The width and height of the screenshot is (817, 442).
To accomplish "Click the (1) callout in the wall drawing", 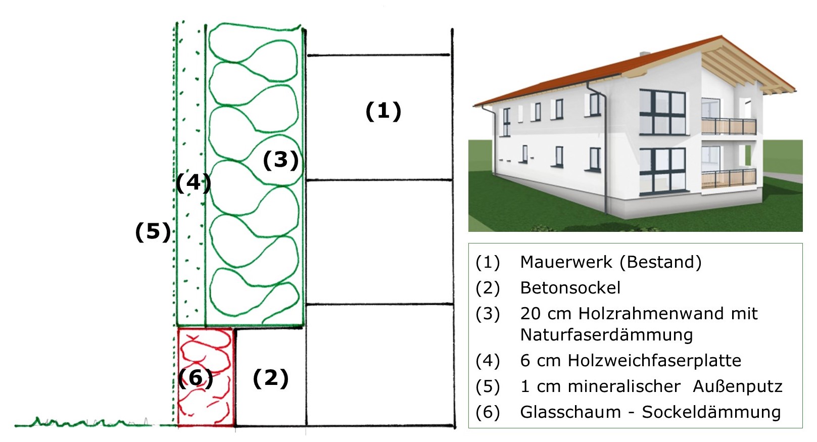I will click(383, 111).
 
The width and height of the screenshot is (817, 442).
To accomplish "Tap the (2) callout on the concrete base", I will click(270, 378).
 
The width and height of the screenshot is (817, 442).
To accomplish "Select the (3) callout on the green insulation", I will click(280, 160).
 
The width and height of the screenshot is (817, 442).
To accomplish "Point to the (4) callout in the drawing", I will click(194, 182).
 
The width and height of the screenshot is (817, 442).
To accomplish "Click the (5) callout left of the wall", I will click(153, 232).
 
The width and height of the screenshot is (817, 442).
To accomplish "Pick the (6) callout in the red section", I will click(196, 378).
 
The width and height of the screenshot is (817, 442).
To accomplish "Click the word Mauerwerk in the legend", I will click(566, 262).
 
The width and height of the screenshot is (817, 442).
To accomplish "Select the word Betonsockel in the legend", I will click(570, 288).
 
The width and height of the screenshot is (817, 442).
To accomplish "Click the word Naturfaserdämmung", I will click(606, 335).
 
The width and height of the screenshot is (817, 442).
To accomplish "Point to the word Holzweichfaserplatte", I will click(654, 361).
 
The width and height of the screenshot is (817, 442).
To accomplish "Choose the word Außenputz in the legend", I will click(737, 386).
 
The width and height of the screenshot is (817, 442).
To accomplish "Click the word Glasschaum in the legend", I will click(570, 412).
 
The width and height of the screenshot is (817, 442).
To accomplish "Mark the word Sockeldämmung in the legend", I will click(711, 412).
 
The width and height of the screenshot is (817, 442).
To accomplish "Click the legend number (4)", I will click(488, 361).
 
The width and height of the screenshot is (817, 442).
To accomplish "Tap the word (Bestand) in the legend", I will click(660, 262).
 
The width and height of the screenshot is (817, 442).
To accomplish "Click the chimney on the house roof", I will click(645, 54).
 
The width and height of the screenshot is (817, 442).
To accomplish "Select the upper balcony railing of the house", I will click(729, 126).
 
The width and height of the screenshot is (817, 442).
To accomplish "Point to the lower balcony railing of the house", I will click(729, 178).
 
